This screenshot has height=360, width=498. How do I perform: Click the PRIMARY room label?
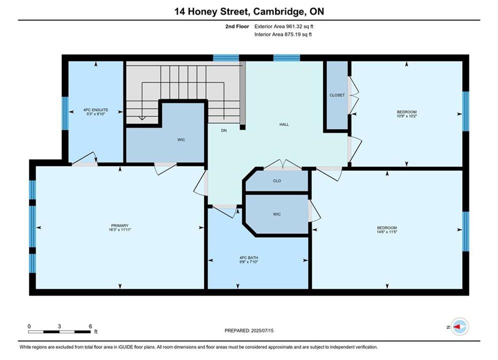pos(120,225)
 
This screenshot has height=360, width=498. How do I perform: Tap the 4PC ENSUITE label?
pos(96,110)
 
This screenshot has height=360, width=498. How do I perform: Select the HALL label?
pos(284,124)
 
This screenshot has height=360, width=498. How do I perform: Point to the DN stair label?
pos(224,130)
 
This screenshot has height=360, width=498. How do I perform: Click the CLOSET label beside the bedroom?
pos(337,95)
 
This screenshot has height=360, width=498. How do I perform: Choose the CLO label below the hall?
pos(277,181)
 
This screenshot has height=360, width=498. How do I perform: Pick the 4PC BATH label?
pos(249,258)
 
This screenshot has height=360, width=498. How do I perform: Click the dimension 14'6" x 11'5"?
pos(387,232)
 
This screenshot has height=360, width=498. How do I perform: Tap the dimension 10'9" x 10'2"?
pos(406,116)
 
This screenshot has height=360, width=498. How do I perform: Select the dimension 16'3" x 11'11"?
pos(120,229)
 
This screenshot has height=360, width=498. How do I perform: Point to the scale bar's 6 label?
pos(91,326)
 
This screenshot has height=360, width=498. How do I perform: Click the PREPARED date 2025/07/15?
pos(262,330)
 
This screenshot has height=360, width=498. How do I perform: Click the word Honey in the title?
pos(203,12)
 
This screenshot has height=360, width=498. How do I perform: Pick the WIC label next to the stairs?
pos(181,140)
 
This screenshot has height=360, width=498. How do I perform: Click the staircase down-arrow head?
pos(142,118)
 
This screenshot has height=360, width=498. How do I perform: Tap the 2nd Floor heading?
pos(237,26)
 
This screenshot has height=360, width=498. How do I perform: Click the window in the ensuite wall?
pos(65,113)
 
